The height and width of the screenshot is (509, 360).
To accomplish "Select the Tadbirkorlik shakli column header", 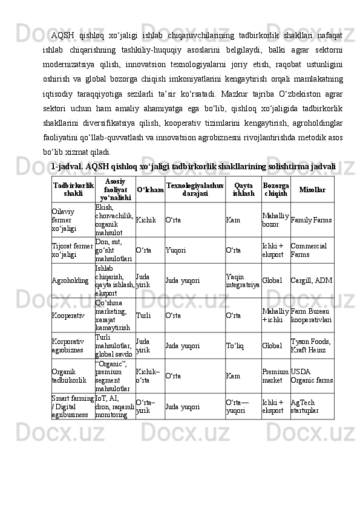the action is point(73,190).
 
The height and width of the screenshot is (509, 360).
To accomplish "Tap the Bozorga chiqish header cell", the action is point(276,190).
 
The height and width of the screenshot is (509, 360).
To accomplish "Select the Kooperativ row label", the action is point(67,315).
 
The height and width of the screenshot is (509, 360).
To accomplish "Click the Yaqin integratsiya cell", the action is point(243,280).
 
